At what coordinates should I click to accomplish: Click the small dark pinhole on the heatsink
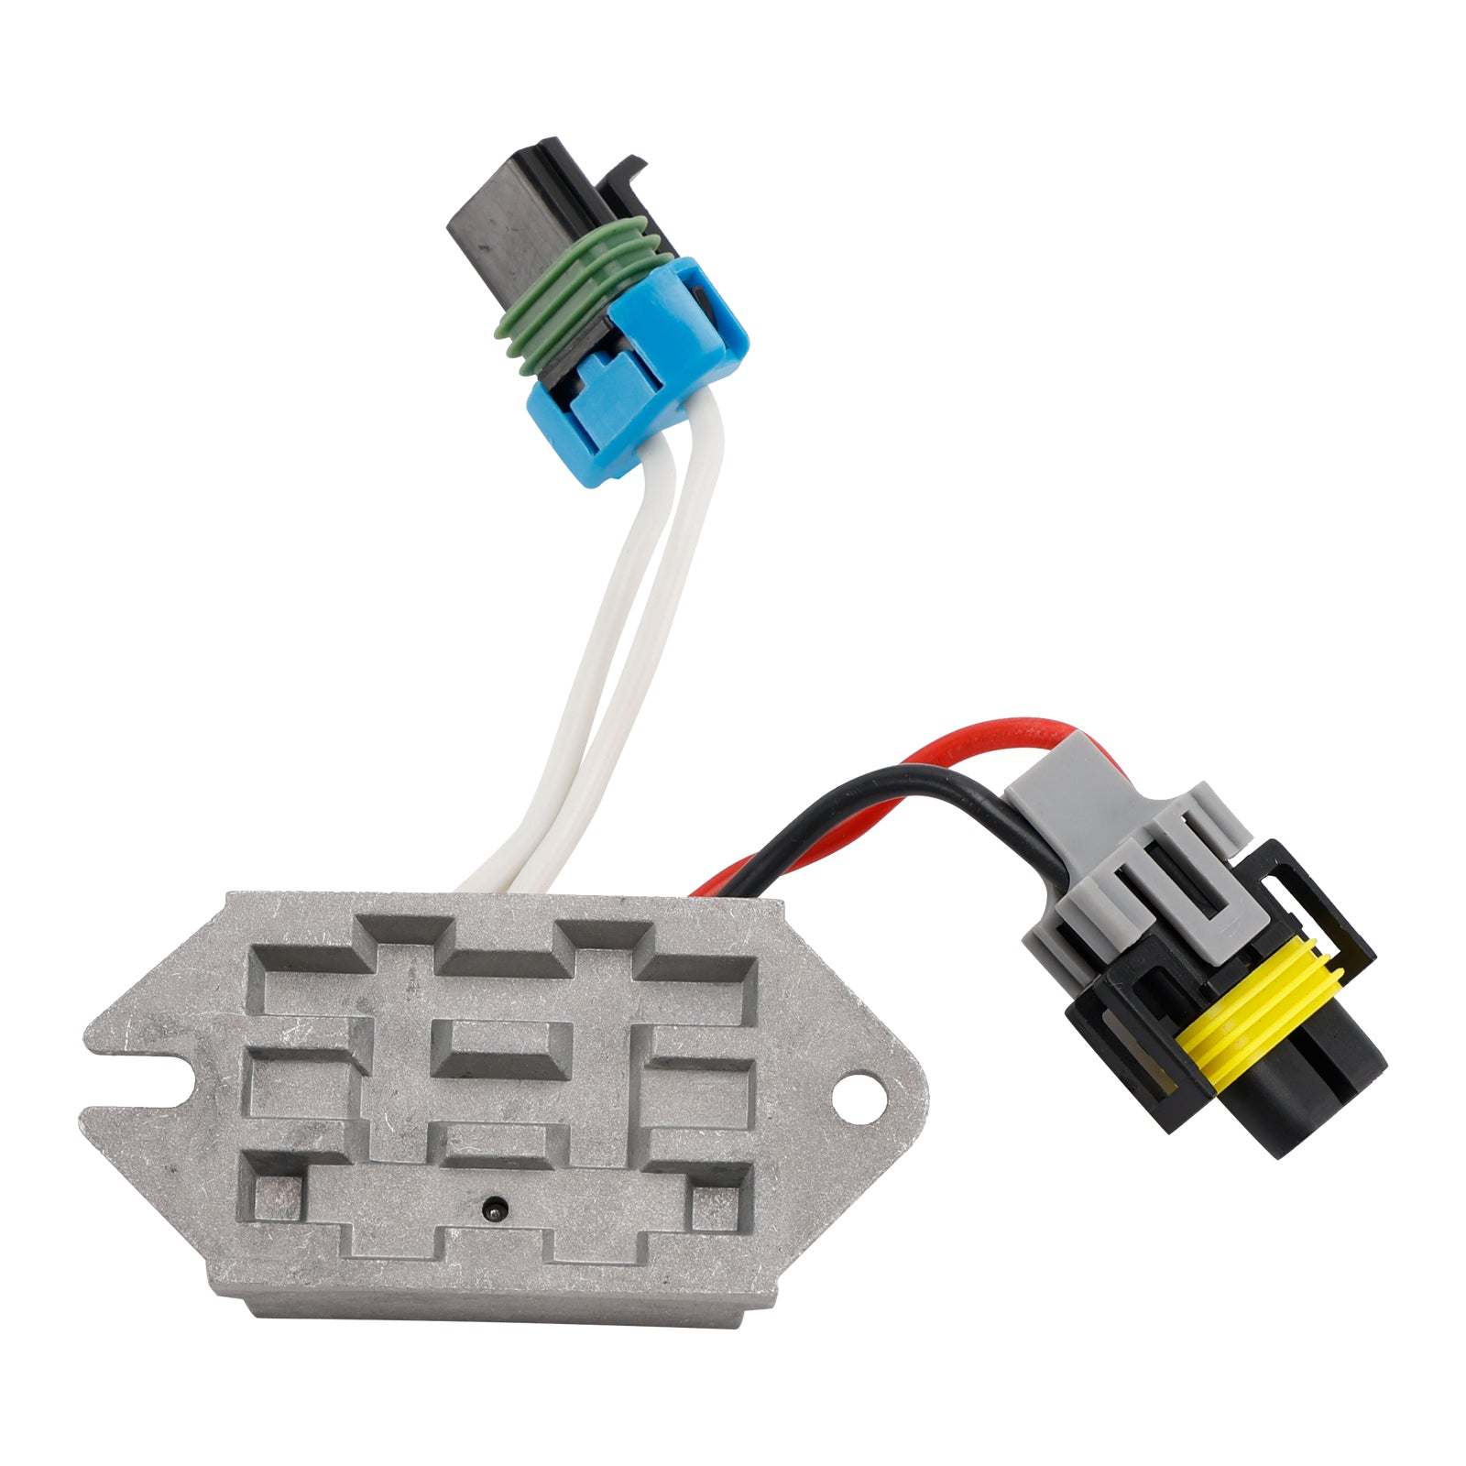(494, 1206)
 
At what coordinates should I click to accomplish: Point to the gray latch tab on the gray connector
(1182, 852)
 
